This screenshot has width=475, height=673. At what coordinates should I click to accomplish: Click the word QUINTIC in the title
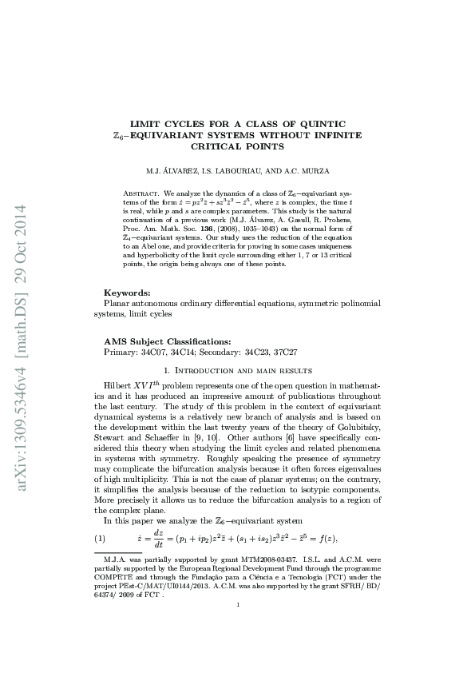[320, 124]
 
